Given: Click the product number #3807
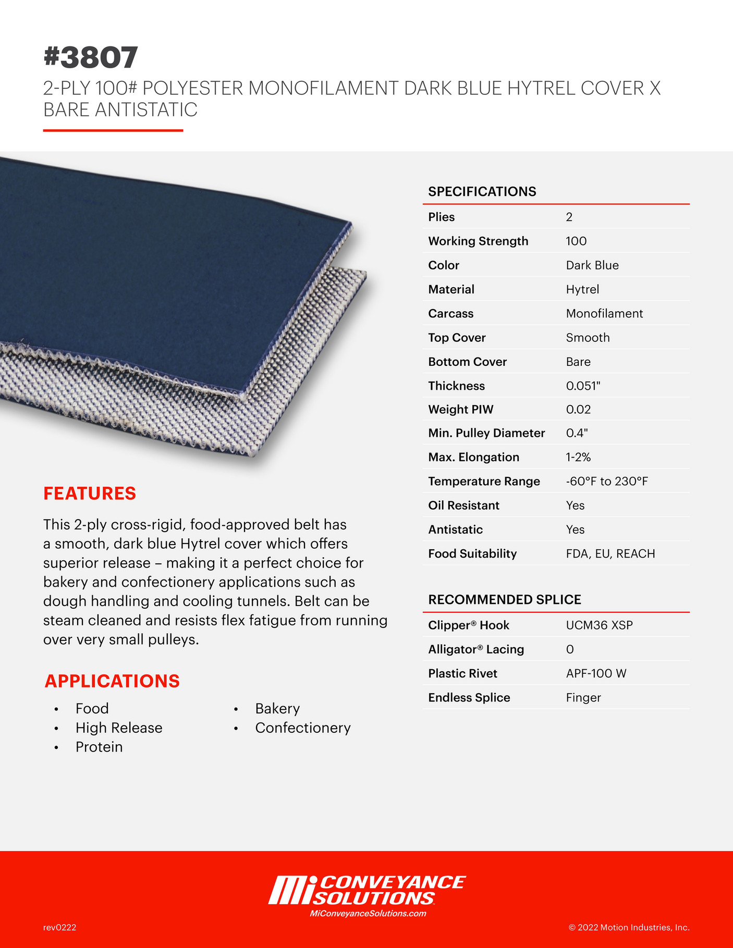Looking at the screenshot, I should [91, 57].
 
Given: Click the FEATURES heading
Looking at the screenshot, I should [90, 493].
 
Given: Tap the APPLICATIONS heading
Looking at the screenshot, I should [112, 681].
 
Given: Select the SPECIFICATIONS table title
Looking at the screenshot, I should [482, 191].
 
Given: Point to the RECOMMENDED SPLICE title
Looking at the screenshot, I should [504, 599].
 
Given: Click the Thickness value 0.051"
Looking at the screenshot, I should [583, 386].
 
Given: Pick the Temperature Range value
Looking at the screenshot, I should [607, 481].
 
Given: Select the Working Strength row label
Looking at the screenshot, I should [478, 241].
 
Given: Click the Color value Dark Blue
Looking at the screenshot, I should [592, 265].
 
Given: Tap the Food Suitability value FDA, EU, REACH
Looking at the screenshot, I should [610, 553].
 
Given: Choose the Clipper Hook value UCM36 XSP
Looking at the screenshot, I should [599, 625].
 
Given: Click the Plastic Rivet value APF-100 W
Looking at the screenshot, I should [596, 673].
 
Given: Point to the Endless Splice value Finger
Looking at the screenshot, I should [583, 697].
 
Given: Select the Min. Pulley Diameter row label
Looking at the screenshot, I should [486, 433].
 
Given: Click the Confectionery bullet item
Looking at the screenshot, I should [303, 728].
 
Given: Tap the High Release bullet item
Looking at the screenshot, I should [119, 728].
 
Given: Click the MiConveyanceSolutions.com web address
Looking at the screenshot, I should [368, 913].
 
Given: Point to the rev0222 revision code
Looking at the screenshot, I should [60, 927].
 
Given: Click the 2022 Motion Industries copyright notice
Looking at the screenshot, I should [629, 927].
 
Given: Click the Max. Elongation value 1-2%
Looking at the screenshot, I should [578, 457].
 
